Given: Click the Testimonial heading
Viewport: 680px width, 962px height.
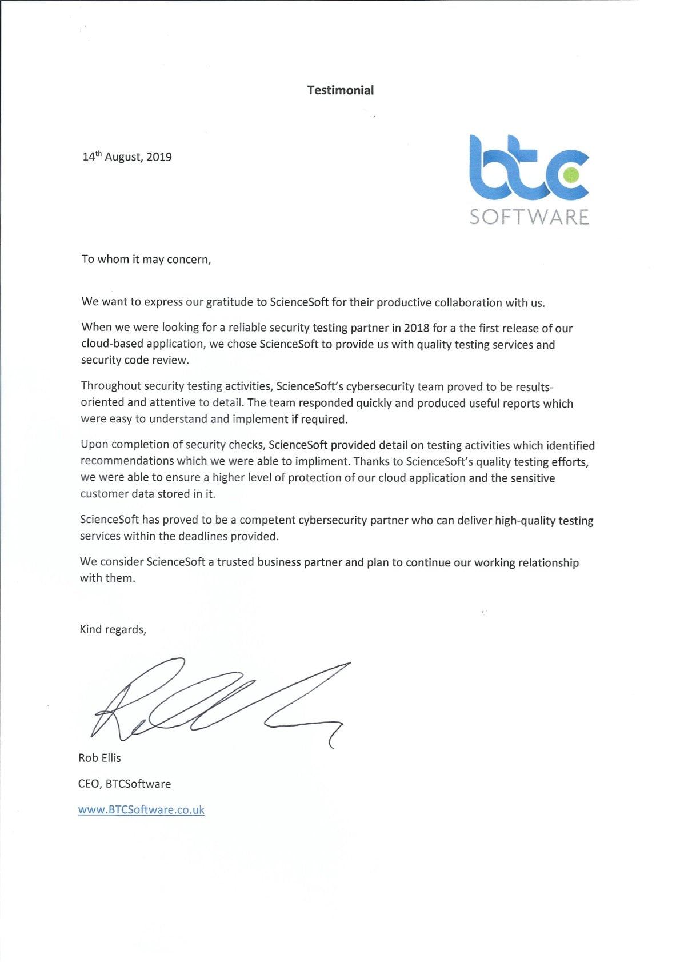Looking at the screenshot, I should tap(340, 90).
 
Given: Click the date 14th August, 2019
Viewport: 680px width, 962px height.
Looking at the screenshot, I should tap(127, 157).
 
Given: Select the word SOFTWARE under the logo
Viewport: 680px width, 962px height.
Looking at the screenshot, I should tap(529, 217).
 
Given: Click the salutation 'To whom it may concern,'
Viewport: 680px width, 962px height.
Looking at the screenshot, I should tap(146, 260).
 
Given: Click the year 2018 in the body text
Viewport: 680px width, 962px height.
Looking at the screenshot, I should tap(417, 328).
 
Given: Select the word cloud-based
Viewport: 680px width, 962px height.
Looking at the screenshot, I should tap(111, 344).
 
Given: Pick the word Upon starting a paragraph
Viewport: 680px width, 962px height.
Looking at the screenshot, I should tap(94, 445).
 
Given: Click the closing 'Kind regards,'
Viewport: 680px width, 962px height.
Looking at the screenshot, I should tap(113, 629).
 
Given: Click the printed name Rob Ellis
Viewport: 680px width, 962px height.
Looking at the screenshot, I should tap(99, 758).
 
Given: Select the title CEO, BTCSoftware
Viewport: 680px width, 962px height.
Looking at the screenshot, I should tap(125, 784).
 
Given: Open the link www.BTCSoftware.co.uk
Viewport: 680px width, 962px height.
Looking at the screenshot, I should tap(141, 810).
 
